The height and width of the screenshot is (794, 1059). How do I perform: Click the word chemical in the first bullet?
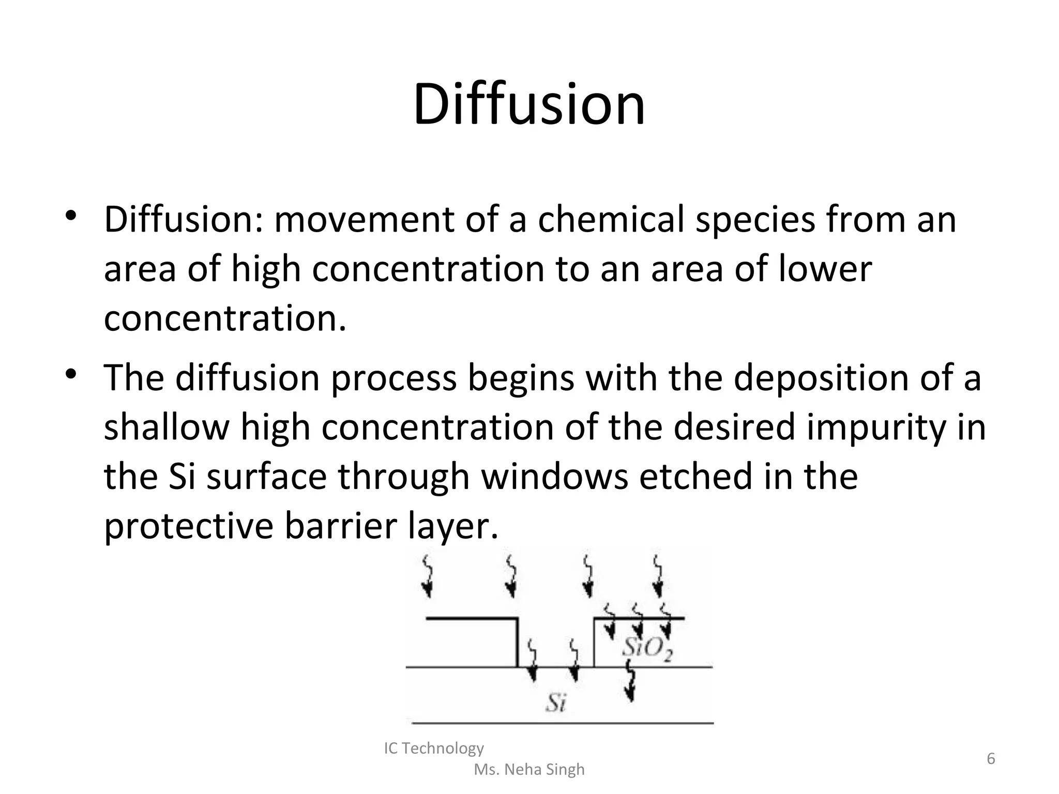611,219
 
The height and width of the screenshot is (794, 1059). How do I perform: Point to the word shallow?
166,427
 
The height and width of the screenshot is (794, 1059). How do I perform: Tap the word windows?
555,476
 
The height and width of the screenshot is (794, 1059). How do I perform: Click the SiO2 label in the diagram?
647,648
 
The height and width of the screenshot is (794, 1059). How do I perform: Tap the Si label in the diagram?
556,703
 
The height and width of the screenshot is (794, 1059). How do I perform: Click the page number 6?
991,759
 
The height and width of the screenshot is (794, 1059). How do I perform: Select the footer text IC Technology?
434,748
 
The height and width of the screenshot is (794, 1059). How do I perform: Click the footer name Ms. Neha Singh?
529,769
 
